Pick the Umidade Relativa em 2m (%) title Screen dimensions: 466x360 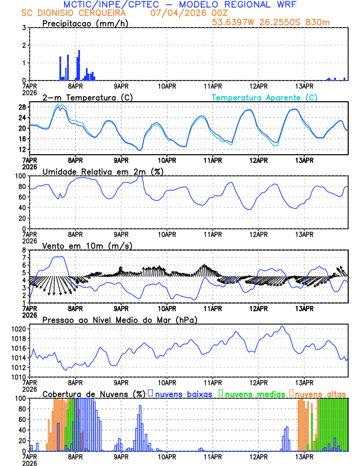[x=102, y=171]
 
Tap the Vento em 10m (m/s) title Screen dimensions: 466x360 [x=87, y=245]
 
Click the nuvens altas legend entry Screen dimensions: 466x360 [x=320, y=394]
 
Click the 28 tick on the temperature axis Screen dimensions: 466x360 [x=21, y=107]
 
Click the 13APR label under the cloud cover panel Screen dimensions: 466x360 [x=304, y=457]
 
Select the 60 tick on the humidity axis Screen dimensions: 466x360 [x=21, y=197]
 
